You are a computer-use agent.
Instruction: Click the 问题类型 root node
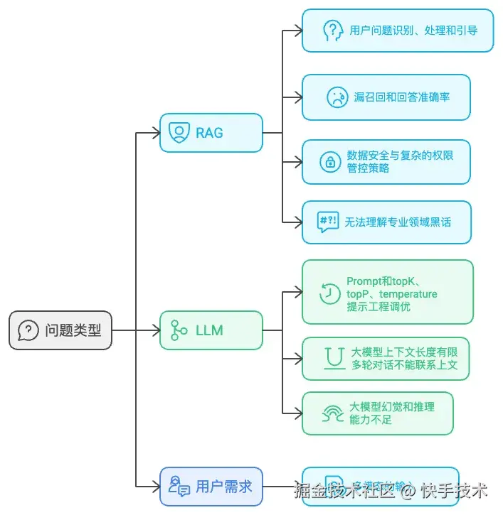point(60,330)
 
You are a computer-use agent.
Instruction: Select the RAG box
point(211,132)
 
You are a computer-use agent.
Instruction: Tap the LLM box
point(211,330)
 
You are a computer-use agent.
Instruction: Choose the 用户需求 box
point(211,487)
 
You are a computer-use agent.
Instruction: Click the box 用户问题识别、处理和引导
point(397,31)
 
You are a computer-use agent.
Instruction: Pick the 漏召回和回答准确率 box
point(386,97)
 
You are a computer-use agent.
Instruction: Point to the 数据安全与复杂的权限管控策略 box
point(386,162)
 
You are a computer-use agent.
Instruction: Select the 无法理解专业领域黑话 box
point(386,222)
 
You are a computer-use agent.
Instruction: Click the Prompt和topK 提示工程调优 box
point(387,292)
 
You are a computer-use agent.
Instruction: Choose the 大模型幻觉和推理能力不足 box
point(377,413)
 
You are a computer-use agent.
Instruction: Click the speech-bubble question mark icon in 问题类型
point(28,330)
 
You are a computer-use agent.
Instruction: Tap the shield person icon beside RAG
point(179,132)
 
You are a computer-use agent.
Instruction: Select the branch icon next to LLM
point(179,330)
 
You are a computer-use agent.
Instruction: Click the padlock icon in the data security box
point(330,162)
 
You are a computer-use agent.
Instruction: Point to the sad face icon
point(337,97)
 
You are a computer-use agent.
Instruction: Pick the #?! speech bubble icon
point(328,222)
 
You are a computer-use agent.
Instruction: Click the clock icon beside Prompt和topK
point(329,293)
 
